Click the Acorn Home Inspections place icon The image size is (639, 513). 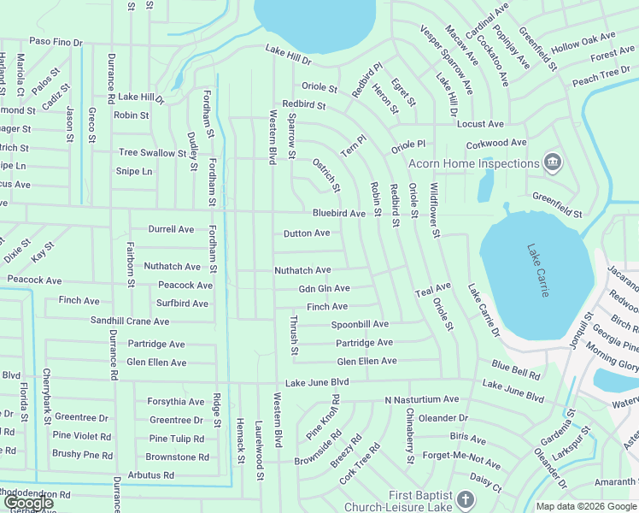click(553, 162)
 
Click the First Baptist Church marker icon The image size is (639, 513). click(465, 498)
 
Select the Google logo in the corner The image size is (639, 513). click(28, 503)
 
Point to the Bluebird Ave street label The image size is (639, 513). click(338, 213)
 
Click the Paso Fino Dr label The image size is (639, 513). click(56, 40)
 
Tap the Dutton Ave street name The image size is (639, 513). click(307, 233)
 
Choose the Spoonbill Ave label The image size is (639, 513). click(360, 324)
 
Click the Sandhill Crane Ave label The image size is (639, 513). click(130, 321)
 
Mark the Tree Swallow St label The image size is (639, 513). click(152, 152)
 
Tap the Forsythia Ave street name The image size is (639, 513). click(176, 401)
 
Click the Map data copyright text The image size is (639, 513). click(585, 506)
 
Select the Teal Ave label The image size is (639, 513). click(432, 290)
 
